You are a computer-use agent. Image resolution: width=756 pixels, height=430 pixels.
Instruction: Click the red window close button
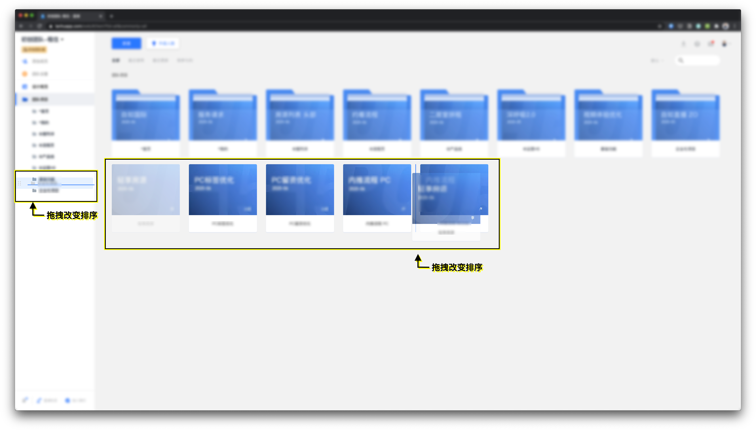20,15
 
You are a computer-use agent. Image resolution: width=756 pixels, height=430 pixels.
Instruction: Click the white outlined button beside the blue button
163,43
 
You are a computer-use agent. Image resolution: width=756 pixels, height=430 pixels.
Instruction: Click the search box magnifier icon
681,61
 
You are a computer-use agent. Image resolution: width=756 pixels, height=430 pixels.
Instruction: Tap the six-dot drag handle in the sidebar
19,183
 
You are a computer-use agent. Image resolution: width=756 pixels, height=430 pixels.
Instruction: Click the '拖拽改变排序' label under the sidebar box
72,215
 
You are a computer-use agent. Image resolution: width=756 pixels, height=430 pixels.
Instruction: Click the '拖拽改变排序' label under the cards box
457,267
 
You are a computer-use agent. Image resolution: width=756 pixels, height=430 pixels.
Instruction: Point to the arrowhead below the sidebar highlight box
33,205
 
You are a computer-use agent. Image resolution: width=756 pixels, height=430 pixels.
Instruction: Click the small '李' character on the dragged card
473,218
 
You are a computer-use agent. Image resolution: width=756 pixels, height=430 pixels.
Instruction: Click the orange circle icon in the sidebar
25,74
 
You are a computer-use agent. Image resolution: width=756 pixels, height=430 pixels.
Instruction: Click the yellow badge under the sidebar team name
34,49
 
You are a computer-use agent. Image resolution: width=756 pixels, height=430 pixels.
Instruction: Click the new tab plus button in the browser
111,16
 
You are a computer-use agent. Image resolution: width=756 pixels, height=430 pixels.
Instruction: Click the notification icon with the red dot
711,44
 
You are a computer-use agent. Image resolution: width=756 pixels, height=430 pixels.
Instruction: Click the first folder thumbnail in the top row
145,115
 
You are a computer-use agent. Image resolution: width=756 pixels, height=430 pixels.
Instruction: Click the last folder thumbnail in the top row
685,115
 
